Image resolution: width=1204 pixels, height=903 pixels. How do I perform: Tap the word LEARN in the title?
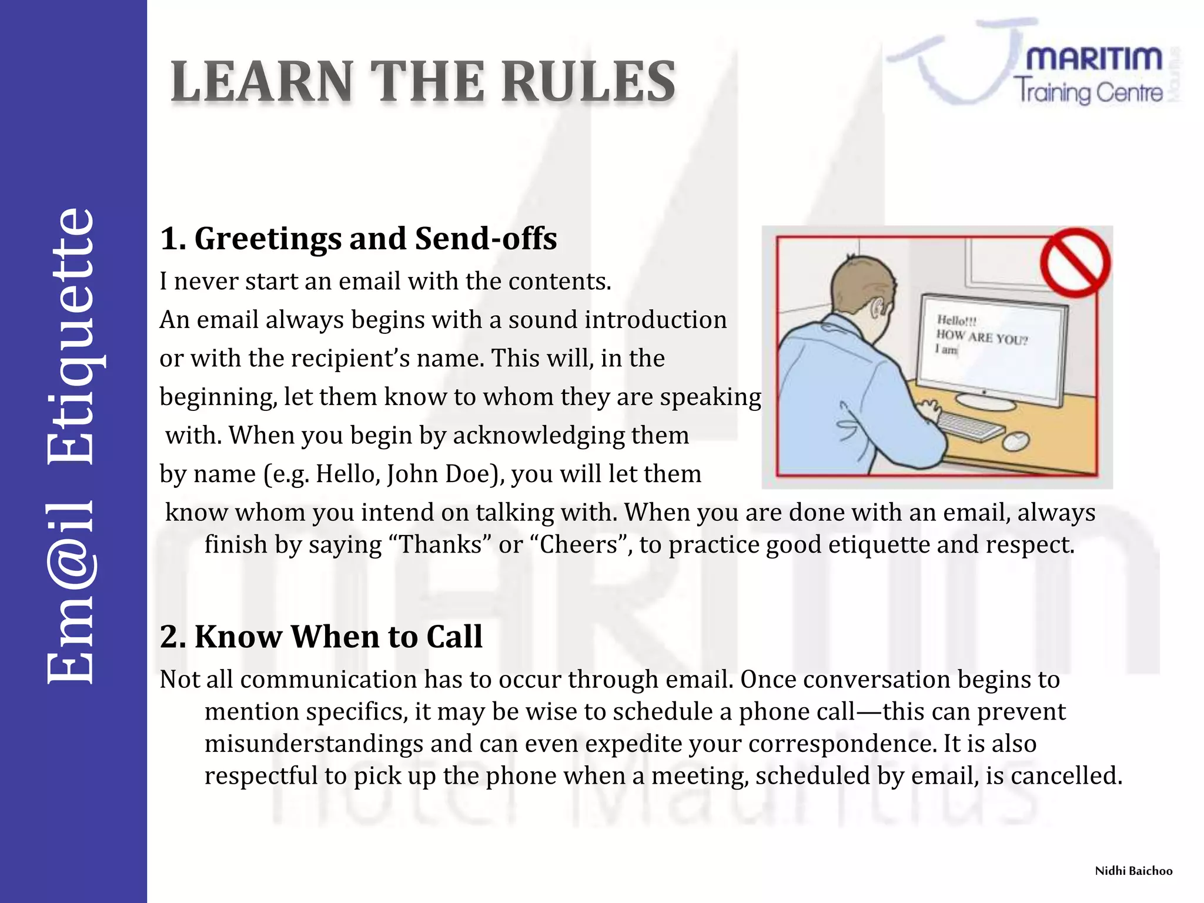pyautogui.click(x=262, y=82)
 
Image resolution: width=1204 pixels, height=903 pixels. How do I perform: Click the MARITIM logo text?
pyautogui.click(x=1093, y=59)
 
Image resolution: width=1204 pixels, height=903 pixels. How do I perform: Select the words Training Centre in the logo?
pyautogui.click(x=1088, y=93)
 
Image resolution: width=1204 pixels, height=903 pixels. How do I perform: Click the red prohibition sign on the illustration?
pyautogui.click(x=1075, y=262)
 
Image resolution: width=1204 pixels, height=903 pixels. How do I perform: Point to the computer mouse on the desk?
pyautogui.click(x=1015, y=440)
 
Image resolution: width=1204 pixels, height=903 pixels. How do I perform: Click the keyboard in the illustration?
pyautogui.click(x=970, y=424)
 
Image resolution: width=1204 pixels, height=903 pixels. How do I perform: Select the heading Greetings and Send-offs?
pyautogui.click(x=375, y=239)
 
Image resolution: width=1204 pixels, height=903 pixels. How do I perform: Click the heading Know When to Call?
pyautogui.click(x=338, y=637)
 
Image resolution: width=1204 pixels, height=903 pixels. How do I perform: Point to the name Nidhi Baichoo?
pyautogui.click(x=1133, y=871)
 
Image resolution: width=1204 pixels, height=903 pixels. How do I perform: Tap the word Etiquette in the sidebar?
pyautogui.click(x=71, y=335)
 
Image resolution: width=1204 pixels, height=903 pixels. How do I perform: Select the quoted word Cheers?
pyautogui.click(x=578, y=545)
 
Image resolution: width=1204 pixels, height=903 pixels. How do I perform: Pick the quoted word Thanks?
pyautogui.click(x=444, y=545)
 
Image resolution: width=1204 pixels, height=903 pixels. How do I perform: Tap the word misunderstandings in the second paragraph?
pyautogui.click(x=313, y=744)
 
